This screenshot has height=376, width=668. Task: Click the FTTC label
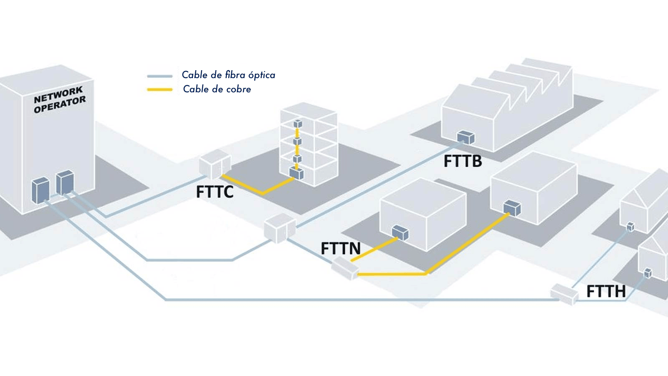click(215, 192)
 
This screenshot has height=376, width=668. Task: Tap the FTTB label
click(463, 161)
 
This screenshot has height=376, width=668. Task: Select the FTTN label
click(341, 249)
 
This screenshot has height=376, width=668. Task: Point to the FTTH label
click(606, 291)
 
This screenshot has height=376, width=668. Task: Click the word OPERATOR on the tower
click(60, 104)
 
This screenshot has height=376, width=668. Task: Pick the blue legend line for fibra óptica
click(160, 76)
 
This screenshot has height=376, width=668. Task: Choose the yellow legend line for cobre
click(160, 89)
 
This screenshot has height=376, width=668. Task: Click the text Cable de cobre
click(217, 89)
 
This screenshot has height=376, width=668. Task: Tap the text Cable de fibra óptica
click(228, 75)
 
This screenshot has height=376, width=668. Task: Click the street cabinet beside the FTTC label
click(215, 164)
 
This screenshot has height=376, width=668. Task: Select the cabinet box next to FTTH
click(564, 294)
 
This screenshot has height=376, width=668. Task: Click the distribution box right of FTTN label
click(345, 268)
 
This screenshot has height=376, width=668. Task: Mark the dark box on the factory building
click(466, 137)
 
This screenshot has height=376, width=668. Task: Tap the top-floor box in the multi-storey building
click(297, 124)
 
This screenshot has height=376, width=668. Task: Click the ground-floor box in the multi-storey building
click(296, 173)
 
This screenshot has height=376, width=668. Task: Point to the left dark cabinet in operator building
click(40, 191)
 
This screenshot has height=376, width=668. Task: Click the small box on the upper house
click(630, 226)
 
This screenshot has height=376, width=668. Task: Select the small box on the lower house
click(648, 273)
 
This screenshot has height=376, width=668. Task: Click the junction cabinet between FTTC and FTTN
click(279, 228)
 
